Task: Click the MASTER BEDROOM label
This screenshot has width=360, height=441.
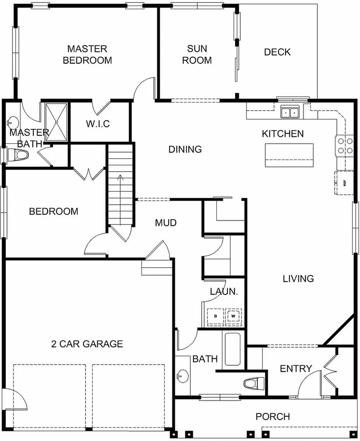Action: tap(87, 54)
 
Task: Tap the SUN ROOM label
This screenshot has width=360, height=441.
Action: tap(197, 54)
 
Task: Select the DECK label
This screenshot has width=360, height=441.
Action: tap(277, 52)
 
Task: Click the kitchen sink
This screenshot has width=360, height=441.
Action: tap(290, 112)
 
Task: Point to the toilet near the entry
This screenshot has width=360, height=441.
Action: tap(254, 383)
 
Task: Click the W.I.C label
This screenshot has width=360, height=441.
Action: tap(98, 124)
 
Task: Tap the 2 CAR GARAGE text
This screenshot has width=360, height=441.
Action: tap(87, 344)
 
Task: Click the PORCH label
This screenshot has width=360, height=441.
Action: tap(273, 417)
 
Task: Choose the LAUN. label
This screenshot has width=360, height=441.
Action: tap(224, 292)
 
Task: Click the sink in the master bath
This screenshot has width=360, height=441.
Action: tap(12, 123)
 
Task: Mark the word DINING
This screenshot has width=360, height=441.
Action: tap(185, 149)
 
